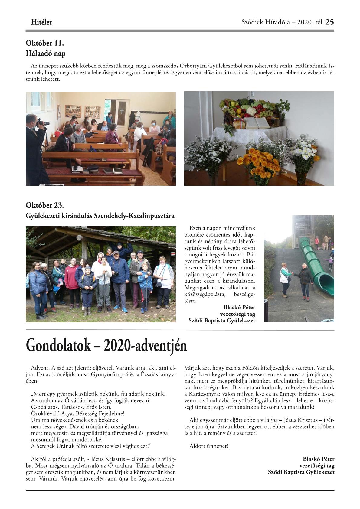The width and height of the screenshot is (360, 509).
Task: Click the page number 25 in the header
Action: click(x=329, y=22)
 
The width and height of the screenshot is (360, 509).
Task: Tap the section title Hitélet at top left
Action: click(x=41, y=22)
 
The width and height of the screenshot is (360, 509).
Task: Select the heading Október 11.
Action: click(x=45, y=43)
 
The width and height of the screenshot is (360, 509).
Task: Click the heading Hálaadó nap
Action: click(x=46, y=54)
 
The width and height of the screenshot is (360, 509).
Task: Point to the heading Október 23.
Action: click(x=45, y=205)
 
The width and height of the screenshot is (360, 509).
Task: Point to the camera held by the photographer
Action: click(x=43, y=123)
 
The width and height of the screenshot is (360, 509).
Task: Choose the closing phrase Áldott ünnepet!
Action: click(x=209, y=446)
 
